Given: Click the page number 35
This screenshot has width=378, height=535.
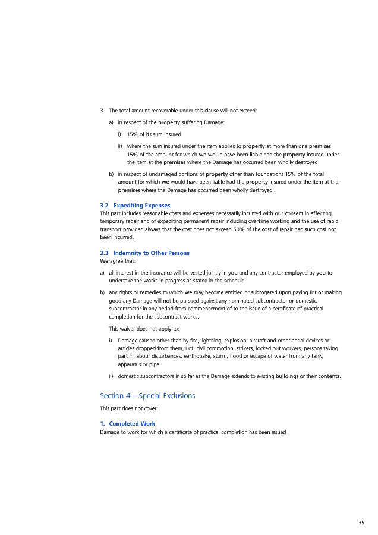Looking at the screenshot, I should [361, 523].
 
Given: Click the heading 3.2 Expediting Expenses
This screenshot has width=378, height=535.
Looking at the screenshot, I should [135, 206].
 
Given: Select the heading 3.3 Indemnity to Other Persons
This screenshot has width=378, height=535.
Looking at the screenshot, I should [144, 253].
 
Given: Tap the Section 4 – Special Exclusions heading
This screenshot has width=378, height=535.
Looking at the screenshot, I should [147, 395].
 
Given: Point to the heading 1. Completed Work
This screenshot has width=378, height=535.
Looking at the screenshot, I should [127, 424].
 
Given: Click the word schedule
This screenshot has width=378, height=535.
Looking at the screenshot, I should [232, 280].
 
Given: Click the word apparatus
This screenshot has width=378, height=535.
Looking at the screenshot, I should [131, 364].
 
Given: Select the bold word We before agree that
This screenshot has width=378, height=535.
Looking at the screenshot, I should [103, 261].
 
